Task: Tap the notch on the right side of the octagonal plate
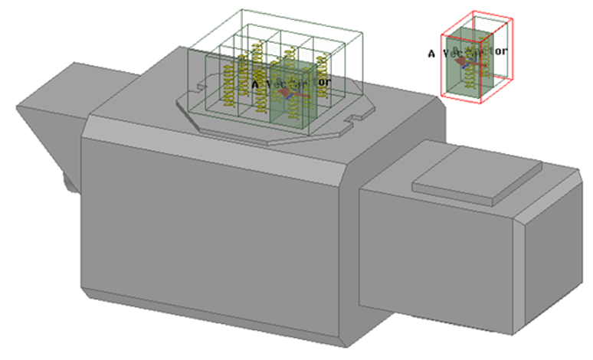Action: pyautogui.click(x=354, y=118)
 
